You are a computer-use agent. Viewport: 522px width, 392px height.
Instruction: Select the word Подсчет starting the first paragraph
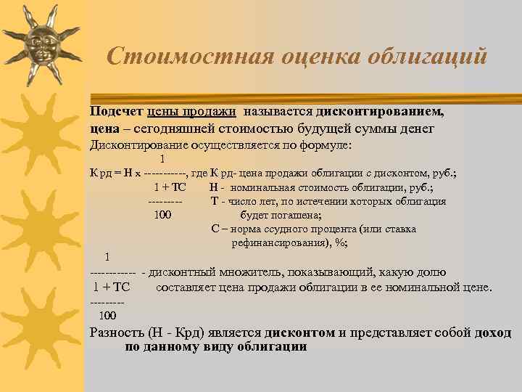coord(115,113)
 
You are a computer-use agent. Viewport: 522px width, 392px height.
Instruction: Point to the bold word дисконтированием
coord(385,113)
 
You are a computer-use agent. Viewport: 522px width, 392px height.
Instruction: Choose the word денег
coord(415,129)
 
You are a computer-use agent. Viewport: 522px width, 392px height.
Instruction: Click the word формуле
coord(326,145)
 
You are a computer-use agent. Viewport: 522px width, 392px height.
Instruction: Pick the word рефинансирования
coord(279,243)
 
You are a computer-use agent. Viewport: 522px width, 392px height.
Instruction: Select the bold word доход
coord(493,333)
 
